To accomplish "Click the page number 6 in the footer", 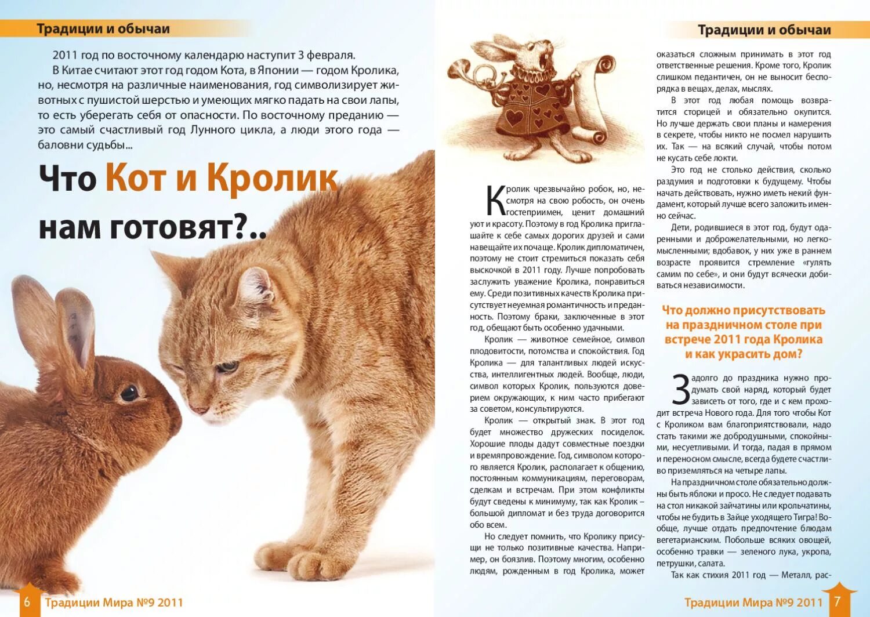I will click(x=27, y=602).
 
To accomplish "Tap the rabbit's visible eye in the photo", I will click(x=129, y=393).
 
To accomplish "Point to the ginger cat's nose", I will click(x=198, y=409).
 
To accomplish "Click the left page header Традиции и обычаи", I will click(x=103, y=28).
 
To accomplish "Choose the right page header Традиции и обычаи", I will click(x=764, y=30).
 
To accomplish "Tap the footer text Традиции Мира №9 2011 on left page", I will click(x=114, y=603).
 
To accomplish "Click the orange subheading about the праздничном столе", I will click(x=744, y=332).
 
